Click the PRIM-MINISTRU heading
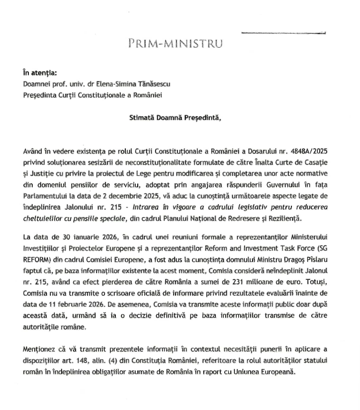coord(175,43)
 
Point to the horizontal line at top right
coord(283,33)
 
